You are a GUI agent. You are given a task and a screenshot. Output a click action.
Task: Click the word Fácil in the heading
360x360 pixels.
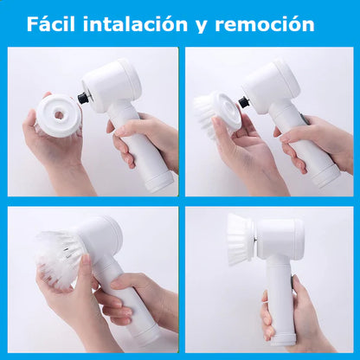[51, 24]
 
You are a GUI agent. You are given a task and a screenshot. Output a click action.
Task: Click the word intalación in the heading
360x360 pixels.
[135, 24]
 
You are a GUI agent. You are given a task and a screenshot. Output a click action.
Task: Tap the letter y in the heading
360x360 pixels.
[201, 27]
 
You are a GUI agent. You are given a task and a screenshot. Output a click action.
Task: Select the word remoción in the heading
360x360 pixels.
[265, 25]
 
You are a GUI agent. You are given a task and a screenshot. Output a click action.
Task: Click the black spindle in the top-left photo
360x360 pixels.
[84, 98]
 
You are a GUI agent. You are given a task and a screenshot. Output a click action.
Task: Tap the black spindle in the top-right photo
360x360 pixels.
[244, 102]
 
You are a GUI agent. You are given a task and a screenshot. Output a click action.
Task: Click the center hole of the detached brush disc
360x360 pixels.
[59, 115]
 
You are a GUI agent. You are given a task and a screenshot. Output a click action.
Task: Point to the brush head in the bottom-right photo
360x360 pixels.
[240, 239]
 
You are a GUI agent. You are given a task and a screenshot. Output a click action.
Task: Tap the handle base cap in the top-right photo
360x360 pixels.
[327, 176]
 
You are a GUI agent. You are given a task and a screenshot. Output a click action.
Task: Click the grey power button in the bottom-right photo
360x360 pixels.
[292, 282]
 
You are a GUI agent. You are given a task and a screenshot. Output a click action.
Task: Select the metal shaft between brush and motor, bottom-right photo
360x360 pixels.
[255, 239]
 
